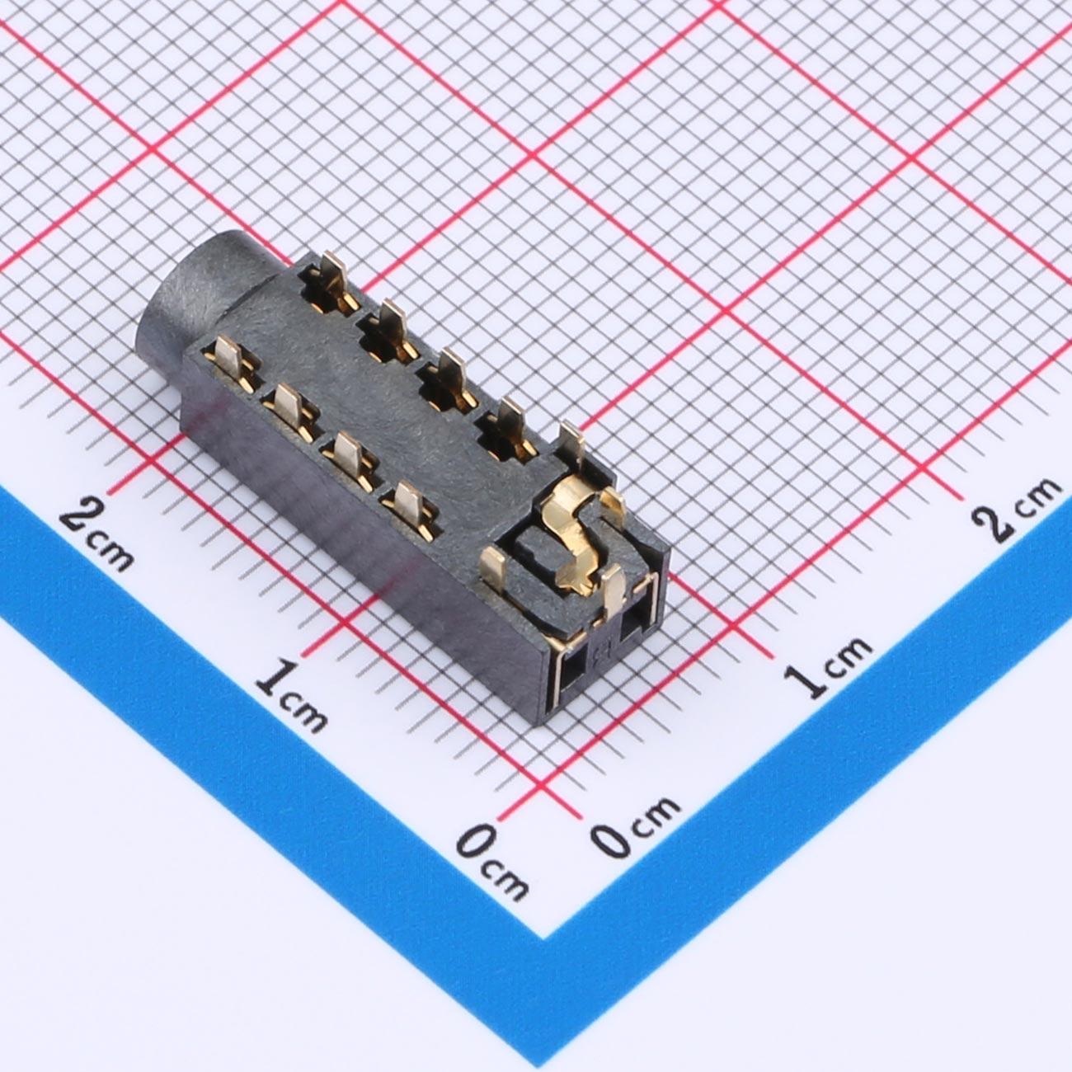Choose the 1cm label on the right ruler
(x=828, y=674)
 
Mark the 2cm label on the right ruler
(x=1017, y=508)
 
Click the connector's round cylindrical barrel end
(x=189, y=300)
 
